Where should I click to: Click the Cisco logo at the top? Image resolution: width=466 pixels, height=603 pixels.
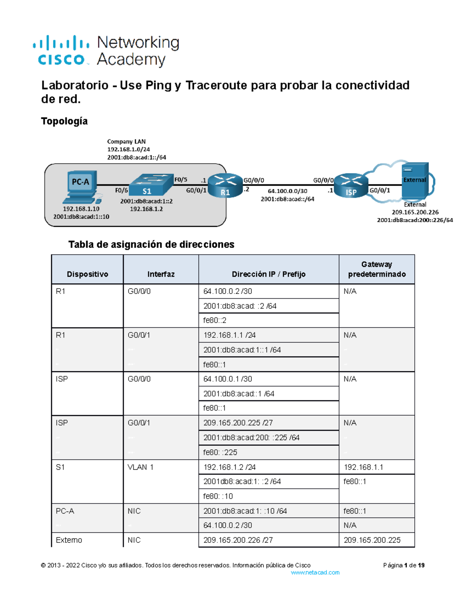[61, 50]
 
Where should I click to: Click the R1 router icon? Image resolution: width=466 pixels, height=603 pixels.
[225, 185]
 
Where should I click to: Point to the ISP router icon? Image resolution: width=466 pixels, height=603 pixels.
[351, 185]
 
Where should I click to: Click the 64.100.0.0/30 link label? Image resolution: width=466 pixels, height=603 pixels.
[287, 191]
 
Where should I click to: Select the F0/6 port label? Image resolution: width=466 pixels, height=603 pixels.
[121, 190]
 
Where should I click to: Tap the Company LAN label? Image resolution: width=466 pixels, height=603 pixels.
[126, 142]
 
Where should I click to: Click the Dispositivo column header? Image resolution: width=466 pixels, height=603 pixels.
[87, 274]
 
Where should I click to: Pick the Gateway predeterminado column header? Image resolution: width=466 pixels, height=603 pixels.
[377, 269]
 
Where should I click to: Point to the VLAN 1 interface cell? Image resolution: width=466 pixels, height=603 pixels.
[140, 467]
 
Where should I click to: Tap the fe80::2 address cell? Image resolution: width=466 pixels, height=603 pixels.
[215, 320]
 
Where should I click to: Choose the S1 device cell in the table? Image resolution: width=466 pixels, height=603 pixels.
[60, 467]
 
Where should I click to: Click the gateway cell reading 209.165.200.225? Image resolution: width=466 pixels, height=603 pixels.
[372, 540]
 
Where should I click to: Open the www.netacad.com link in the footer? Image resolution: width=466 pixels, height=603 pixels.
[315, 572]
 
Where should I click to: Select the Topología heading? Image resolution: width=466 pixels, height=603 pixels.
[64, 121]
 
